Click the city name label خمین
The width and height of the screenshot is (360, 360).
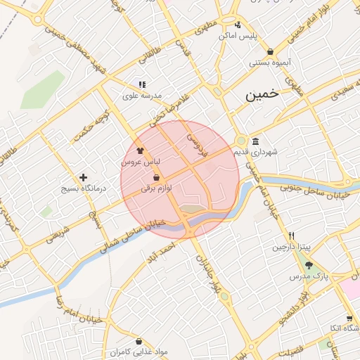click(262, 94)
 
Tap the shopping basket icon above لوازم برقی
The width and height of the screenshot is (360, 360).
click(155, 178)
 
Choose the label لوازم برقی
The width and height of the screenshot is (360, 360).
click(157, 188)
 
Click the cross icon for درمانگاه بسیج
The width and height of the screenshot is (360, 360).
click(84, 177)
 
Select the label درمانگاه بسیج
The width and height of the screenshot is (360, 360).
click(83, 188)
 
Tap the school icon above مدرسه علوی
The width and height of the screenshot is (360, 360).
click(142, 84)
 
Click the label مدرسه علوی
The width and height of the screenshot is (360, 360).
click(143, 95)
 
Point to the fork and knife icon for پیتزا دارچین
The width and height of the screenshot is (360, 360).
click(291, 236)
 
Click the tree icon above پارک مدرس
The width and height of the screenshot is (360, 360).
click(309, 265)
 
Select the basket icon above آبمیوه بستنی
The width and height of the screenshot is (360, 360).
click(271, 51)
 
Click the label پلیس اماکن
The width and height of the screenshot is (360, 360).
click(238, 34)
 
